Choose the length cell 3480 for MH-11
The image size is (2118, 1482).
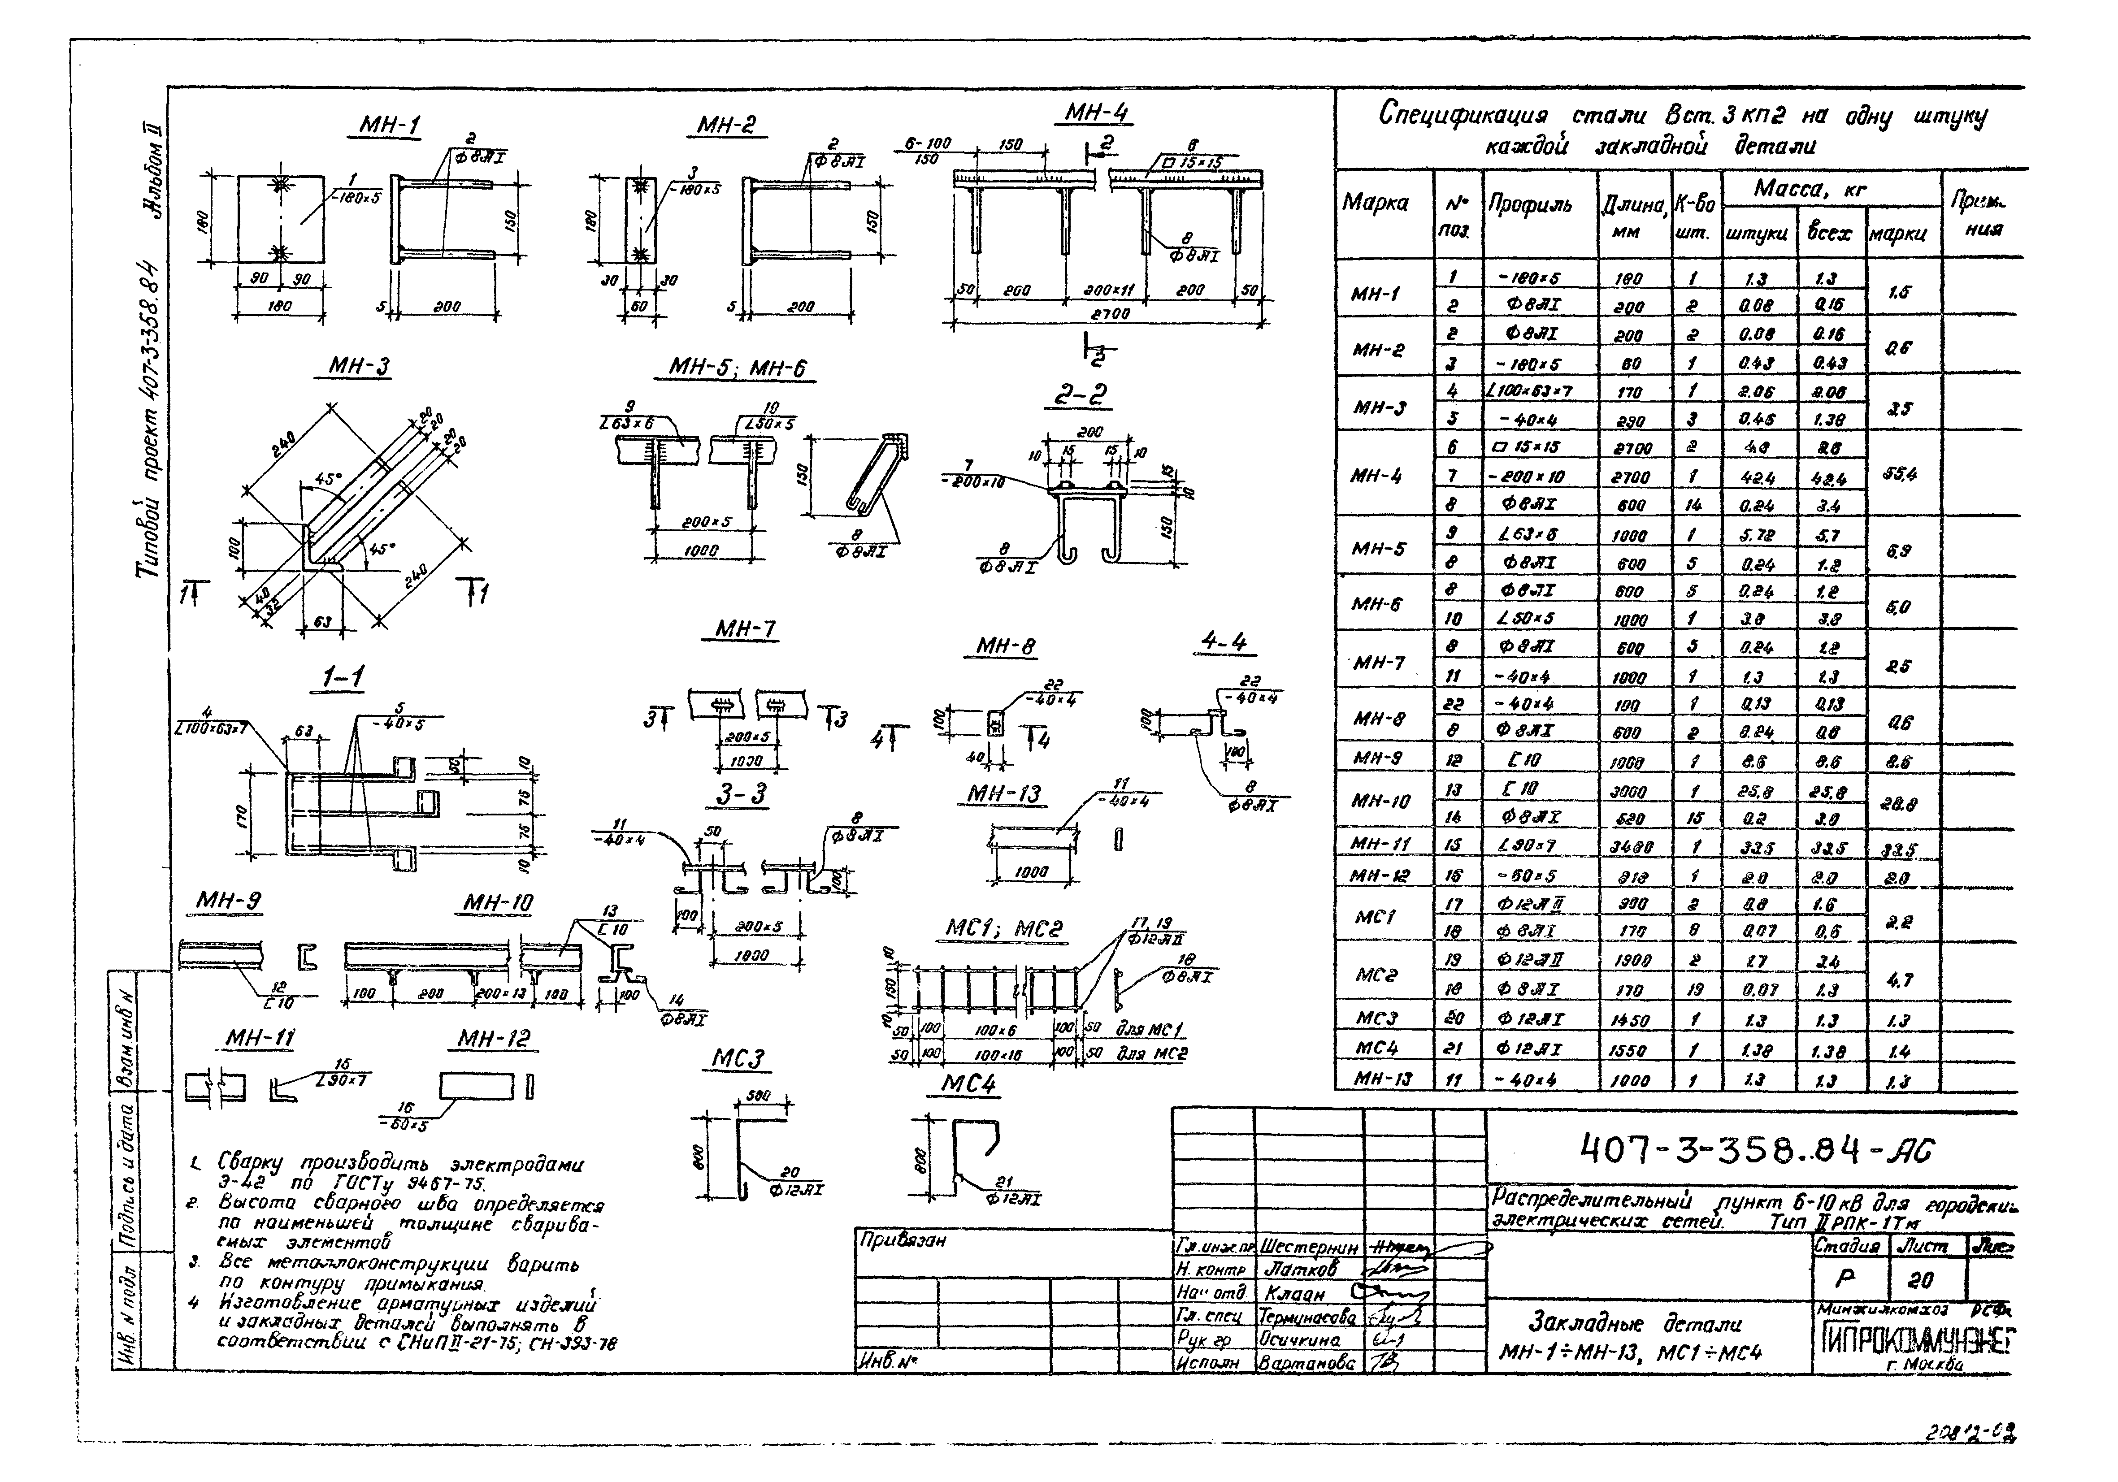(x=1626, y=847)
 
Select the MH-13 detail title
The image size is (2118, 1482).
(x=1004, y=795)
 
